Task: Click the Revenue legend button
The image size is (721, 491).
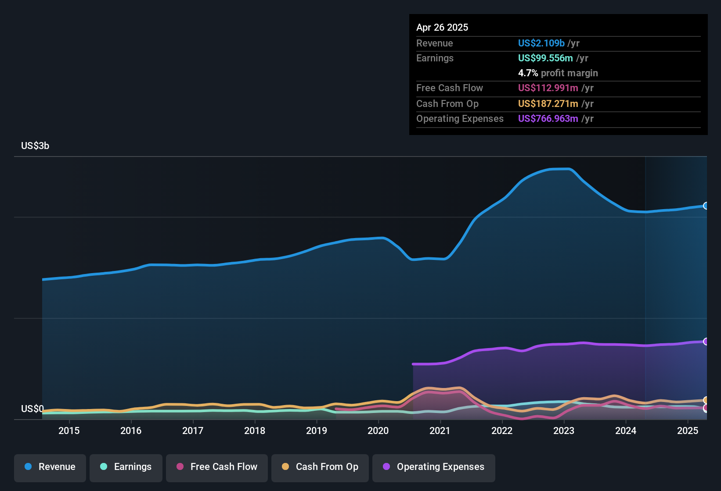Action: (x=50, y=467)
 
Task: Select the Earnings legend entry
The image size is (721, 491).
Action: (x=126, y=467)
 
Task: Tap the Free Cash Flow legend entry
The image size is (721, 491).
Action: (x=217, y=467)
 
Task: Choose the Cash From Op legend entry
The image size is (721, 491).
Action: (x=320, y=467)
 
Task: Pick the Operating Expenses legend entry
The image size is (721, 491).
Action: (x=434, y=467)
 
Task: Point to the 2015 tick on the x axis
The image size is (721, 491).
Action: (x=69, y=431)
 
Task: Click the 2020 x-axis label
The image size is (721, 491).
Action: (x=378, y=431)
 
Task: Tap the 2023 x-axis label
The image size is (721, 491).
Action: (x=564, y=431)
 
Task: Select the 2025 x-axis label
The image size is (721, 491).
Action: (x=688, y=431)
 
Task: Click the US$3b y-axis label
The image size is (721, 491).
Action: (x=35, y=146)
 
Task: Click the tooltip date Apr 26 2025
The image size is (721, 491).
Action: (x=442, y=27)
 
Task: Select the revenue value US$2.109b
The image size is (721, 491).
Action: (x=541, y=43)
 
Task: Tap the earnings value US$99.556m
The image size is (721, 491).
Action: (x=545, y=58)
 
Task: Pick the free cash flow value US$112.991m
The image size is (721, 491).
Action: (x=548, y=88)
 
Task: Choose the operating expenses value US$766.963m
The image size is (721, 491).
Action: (x=548, y=118)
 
